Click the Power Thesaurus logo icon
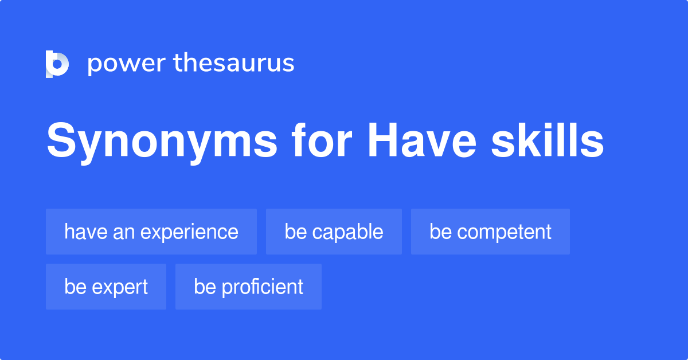[x=57, y=64]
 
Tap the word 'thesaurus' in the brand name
[x=234, y=64]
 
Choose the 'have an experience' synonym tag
[x=151, y=232]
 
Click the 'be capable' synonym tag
[x=334, y=232]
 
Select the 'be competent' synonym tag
[x=490, y=232]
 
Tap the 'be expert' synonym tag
[x=106, y=287]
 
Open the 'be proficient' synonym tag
[x=248, y=287]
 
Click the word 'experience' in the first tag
[x=189, y=232]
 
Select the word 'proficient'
[x=263, y=287]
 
